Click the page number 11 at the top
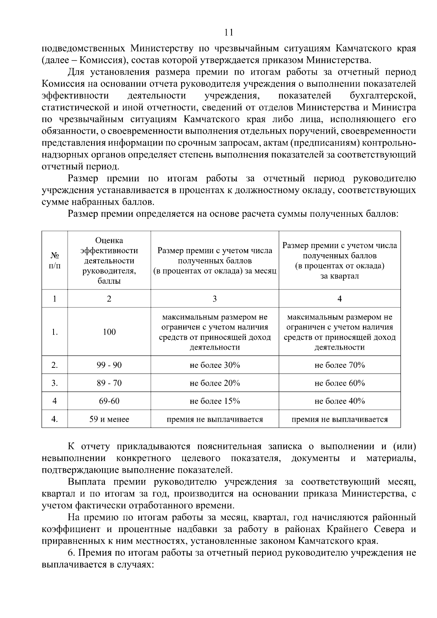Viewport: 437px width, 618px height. pos(229,32)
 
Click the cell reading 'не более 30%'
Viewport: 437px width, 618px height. pos(215,365)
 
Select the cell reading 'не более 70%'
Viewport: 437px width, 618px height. pos(339,365)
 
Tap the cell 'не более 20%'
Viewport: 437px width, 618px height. pos(215,383)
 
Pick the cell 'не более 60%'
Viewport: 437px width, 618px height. pos(339,383)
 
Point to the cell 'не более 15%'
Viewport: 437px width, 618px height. pos(215,401)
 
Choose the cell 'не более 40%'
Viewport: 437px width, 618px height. pos(339,401)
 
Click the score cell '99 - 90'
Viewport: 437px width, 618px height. pos(109,365)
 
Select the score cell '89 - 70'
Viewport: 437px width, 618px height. pos(109,383)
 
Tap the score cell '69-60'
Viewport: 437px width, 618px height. pos(109,401)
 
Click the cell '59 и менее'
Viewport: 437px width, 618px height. pos(109,419)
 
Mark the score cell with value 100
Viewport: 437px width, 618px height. pos(109,332)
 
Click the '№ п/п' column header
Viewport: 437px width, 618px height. pos(55,260)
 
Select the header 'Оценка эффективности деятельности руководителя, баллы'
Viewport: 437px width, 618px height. pos(109,260)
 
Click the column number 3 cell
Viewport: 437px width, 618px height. pos(215,299)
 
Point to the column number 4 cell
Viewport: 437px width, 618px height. pos(339,299)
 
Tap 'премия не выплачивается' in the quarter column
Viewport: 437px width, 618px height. pos(339,419)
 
